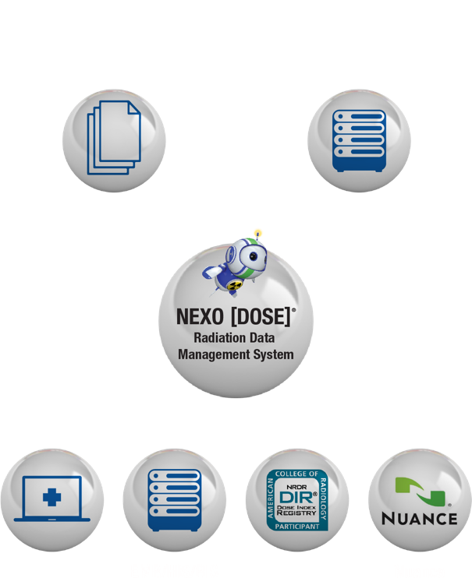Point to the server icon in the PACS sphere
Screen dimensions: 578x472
pyautogui.click(x=360, y=141)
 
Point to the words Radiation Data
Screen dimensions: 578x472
pyautogui.click(x=235, y=337)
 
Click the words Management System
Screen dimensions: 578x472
pyautogui.click(x=235, y=354)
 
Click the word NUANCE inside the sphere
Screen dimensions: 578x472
pyautogui.click(x=420, y=519)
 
